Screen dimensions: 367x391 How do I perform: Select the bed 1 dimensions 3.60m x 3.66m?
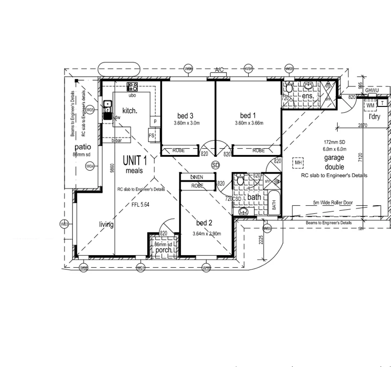(x=249, y=123)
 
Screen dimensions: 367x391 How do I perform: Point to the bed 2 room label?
(x=204, y=223)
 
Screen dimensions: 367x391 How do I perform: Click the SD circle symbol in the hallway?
(x=215, y=165)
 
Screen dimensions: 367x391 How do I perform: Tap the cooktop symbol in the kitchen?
(x=132, y=87)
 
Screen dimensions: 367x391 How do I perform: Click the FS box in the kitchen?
(x=152, y=135)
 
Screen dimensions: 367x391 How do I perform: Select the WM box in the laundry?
(x=371, y=106)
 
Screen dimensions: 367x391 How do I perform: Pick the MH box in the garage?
(x=298, y=163)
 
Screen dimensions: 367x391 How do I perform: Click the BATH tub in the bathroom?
(x=274, y=202)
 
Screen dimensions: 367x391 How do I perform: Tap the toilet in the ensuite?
(x=289, y=88)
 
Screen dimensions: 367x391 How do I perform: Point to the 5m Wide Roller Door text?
(x=333, y=203)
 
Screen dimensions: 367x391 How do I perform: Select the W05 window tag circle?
(x=90, y=110)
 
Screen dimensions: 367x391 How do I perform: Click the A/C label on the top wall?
(x=219, y=70)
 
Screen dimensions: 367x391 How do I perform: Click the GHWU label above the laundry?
(x=372, y=91)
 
